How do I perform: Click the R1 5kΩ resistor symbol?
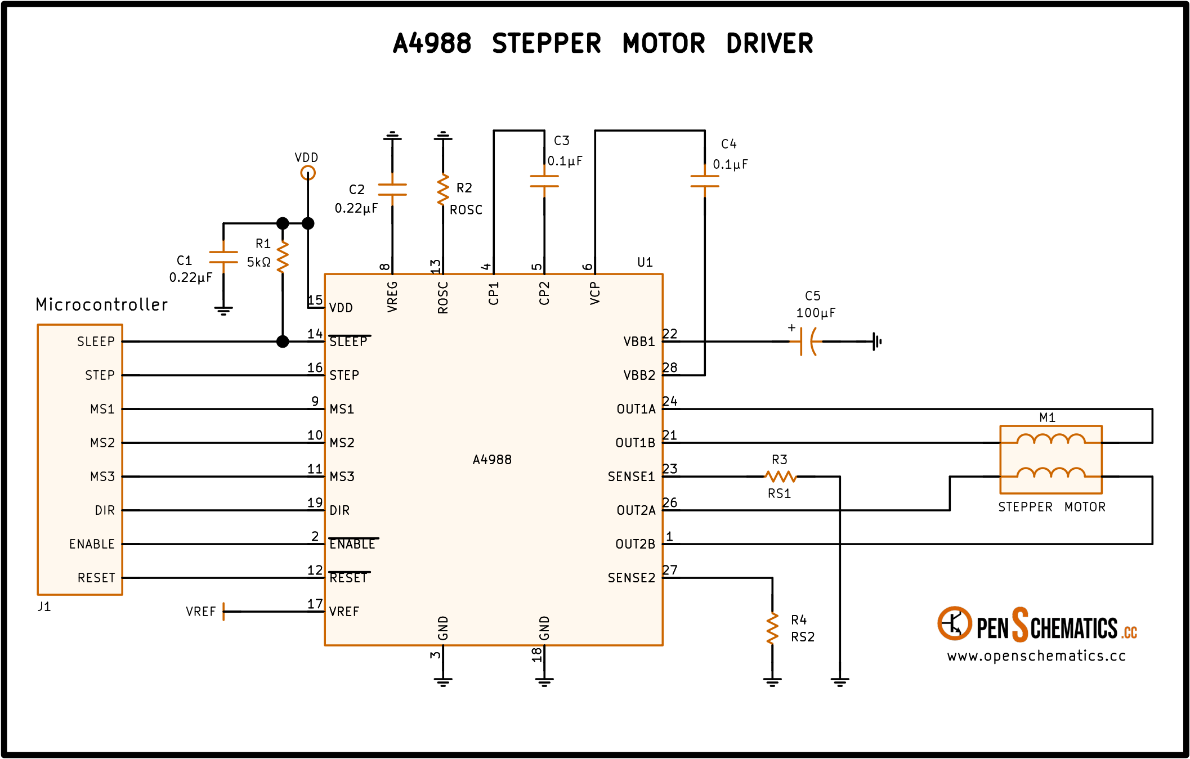(x=283, y=257)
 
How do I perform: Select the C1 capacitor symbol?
(x=223, y=257)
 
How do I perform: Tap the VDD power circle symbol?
(x=308, y=173)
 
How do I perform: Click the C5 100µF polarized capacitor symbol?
(x=808, y=342)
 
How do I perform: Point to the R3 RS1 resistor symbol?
(x=780, y=477)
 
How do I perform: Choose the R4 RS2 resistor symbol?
(x=772, y=628)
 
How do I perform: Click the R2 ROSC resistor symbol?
(x=443, y=190)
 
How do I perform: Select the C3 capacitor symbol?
(x=544, y=181)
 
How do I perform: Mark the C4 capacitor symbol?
(x=705, y=181)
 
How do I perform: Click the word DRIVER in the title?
(x=770, y=43)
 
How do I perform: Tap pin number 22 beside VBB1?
(x=670, y=334)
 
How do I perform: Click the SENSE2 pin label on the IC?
(x=632, y=578)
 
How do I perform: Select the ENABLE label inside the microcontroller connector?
(x=92, y=544)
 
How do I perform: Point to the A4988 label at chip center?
(x=492, y=460)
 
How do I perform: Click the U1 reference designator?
(x=645, y=262)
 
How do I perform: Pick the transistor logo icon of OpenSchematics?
(x=955, y=623)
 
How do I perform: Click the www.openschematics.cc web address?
(x=1036, y=656)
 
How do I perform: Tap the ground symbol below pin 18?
(x=544, y=682)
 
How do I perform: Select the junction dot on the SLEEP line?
(x=283, y=342)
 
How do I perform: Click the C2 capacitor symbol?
(x=392, y=190)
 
